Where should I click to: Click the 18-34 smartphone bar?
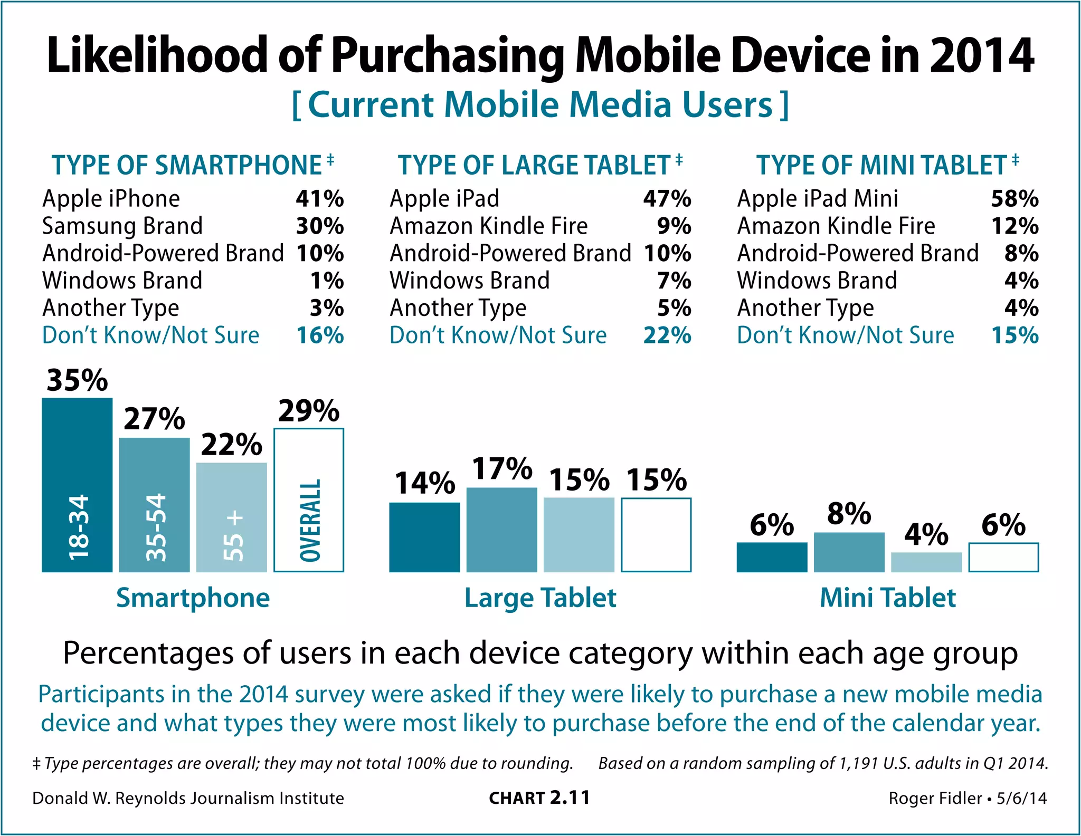(77, 485)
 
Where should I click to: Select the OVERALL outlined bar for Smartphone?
(309, 500)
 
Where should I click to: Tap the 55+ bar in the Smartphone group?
(231, 517)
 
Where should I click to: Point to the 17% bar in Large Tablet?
(501, 530)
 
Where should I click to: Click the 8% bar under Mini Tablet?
(849, 552)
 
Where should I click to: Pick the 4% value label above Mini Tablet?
(926, 534)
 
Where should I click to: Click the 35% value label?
(77, 380)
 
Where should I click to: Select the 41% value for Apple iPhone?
(320, 199)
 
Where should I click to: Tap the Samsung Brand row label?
(122, 226)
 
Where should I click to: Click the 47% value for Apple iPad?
(667, 199)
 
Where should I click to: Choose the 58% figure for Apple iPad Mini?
(1014, 199)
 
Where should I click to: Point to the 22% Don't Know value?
(667, 335)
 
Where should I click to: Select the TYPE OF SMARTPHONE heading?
(187, 165)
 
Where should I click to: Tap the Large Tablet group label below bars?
(540, 598)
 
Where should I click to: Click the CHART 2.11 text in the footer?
(539, 797)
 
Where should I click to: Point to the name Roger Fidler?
(935, 798)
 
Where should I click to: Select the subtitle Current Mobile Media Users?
(540, 104)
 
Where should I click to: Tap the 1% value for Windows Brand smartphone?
(327, 281)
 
